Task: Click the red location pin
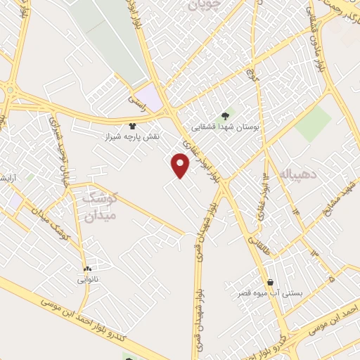181,166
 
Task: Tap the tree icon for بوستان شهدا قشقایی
225,116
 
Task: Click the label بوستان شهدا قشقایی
226,128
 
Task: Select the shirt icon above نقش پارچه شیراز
131,126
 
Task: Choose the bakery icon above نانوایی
87,269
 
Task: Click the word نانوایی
88,279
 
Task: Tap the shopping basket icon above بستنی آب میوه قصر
270,282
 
